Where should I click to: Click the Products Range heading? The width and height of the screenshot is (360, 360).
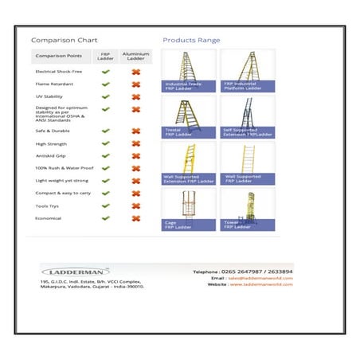pos(191,40)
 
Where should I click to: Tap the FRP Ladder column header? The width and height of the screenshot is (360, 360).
pos(105,57)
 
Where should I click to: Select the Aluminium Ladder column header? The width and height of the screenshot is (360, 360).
pos(135,57)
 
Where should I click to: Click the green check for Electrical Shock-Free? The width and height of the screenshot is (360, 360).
pos(105,72)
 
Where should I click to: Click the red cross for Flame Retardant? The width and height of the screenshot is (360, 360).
pos(135,84)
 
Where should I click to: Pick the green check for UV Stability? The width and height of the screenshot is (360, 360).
pos(105,96)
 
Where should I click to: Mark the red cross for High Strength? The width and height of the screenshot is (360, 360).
pos(135,143)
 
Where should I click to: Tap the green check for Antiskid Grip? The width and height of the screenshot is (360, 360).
pos(105,155)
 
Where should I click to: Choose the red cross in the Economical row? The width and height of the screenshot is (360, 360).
pos(135,217)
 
